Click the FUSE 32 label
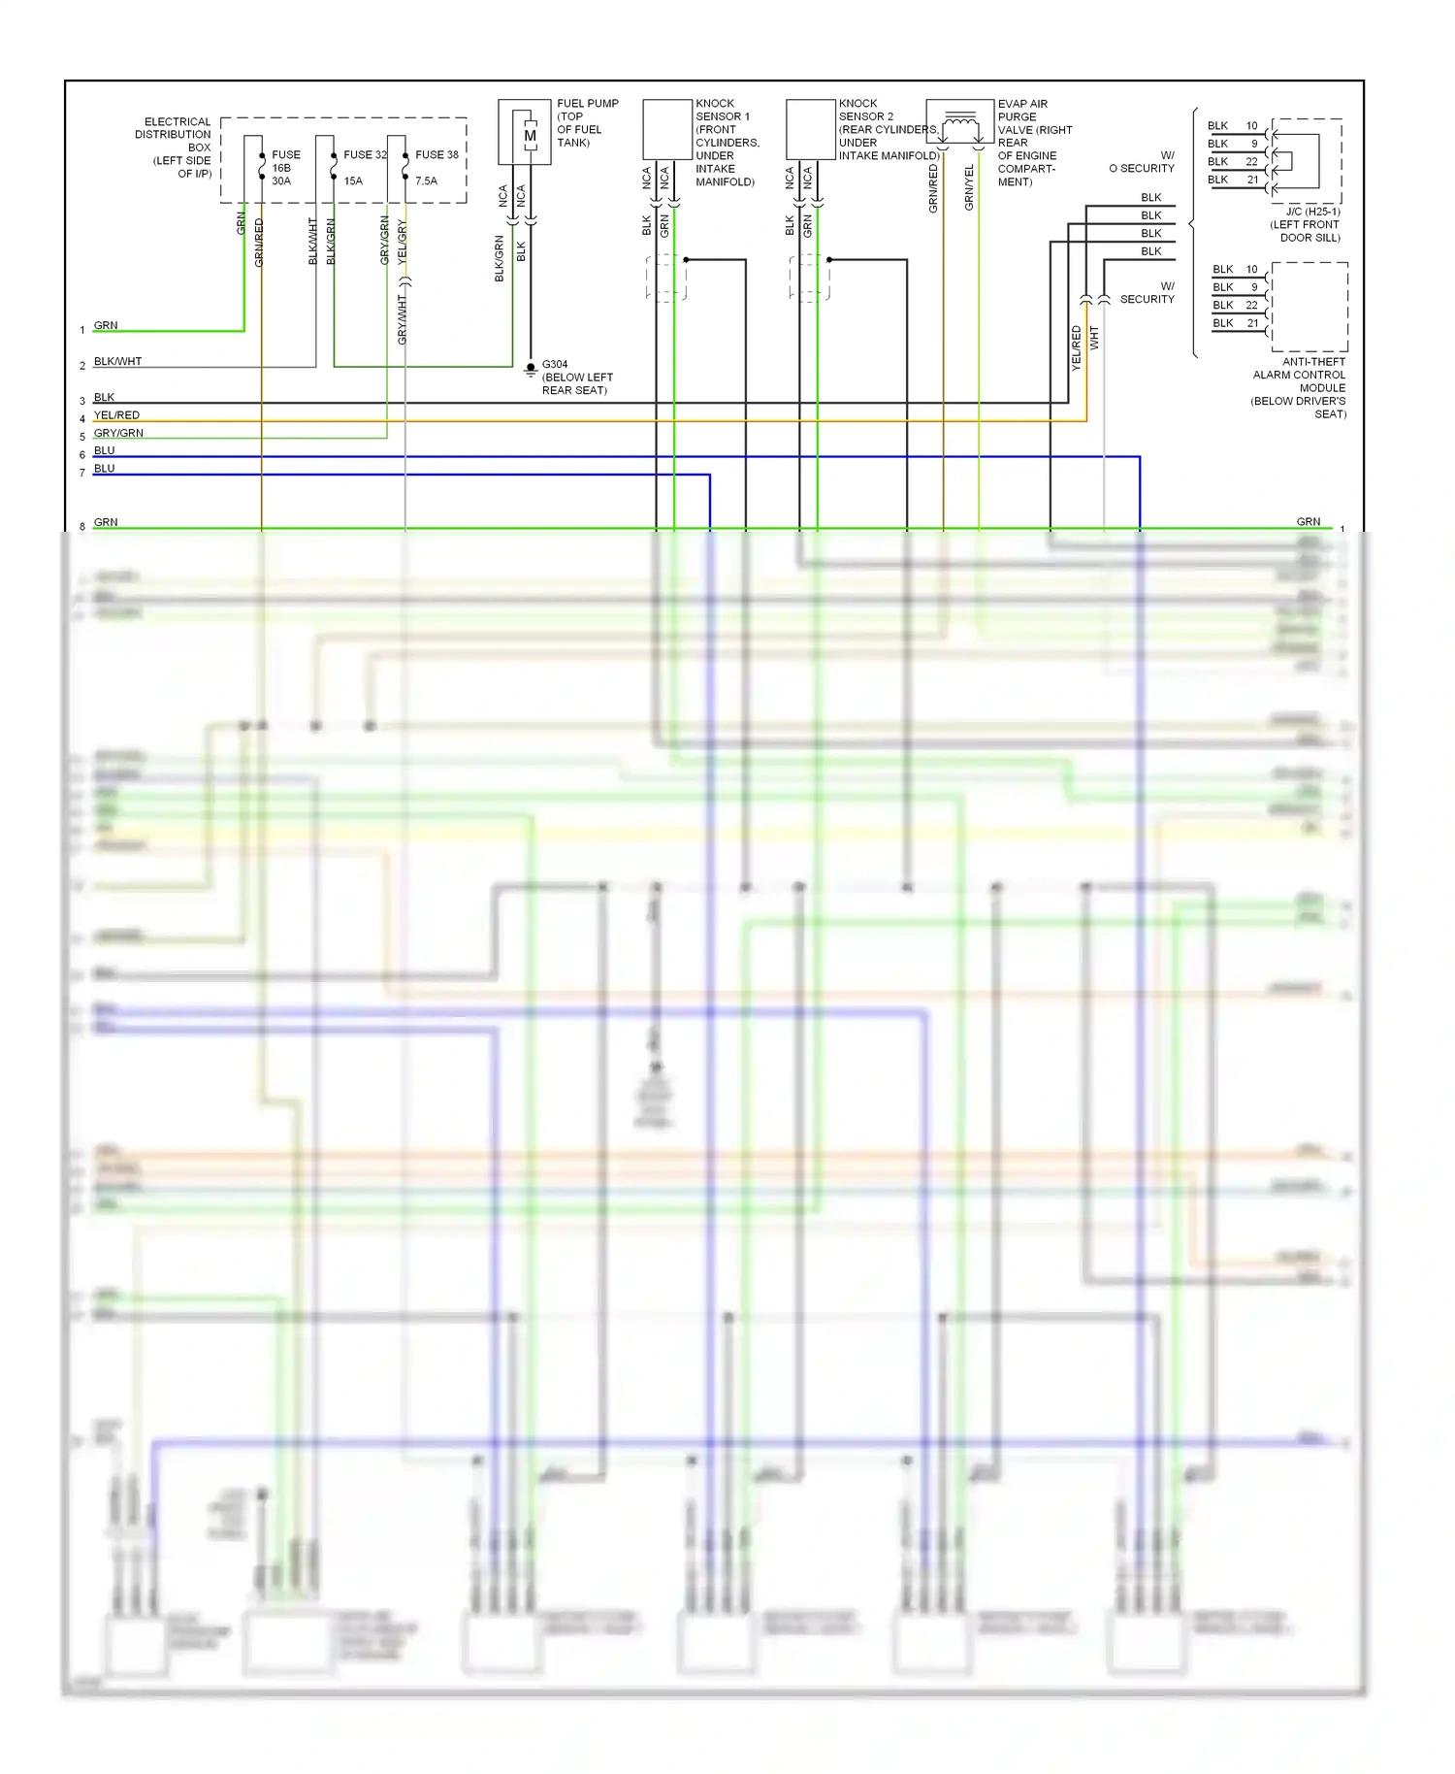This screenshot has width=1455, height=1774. click(x=365, y=154)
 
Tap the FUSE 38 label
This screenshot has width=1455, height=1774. click(x=436, y=154)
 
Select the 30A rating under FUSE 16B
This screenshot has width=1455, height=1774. click(x=281, y=181)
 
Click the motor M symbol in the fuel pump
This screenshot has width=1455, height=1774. click(x=530, y=136)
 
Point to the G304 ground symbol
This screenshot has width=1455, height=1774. click(x=531, y=369)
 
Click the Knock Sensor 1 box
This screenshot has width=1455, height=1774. click(x=666, y=129)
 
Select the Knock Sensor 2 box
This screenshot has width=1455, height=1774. click(x=810, y=129)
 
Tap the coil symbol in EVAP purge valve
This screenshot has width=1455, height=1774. click(x=960, y=121)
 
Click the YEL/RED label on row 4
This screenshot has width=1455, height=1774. click(x=116, y=415)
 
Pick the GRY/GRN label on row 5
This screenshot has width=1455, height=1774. click(x=118, y=433)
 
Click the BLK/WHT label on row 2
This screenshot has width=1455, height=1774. click(x=117, y=361)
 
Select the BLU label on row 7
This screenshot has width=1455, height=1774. click(x=104, y=469)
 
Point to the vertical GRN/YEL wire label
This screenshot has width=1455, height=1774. click(x=969, y=187)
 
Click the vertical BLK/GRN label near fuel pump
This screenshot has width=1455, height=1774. click(x=500, y=258)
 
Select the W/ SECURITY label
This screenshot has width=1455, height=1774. click(x=1148, y=292)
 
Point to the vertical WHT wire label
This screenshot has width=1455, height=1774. click(x=1094, y=338)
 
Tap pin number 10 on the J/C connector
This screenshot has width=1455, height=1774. click(x=1251, y=126)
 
